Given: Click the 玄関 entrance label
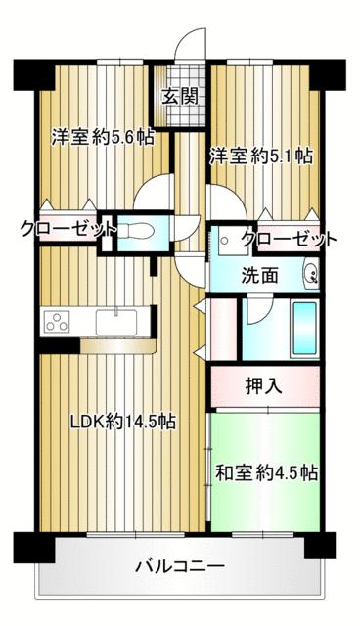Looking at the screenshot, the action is [x=180, y=97].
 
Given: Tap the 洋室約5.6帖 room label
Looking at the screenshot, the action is [x=102, y=138].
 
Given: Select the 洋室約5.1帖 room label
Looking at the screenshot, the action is [x=261, y=156].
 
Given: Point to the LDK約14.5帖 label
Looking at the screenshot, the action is [x=123, y=421].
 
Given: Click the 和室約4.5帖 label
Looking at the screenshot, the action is [x=267, y=472].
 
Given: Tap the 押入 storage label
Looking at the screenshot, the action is [x=264, y=386].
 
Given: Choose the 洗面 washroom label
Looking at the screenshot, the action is [x=260, y=275].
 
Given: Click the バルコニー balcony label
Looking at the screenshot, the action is [x=180, y=566].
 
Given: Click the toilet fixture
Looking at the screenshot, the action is [x=136, y=232].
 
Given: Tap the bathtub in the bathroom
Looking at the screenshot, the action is [x=305, y=329].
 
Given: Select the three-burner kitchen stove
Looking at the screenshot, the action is [x=57, y=322].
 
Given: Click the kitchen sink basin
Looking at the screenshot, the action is [x=116, y=322].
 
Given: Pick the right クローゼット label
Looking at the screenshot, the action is [x=289, y=239].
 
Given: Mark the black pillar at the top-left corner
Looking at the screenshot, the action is [x=33, y=74].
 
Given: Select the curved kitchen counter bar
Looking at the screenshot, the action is [x=117, y=346].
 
